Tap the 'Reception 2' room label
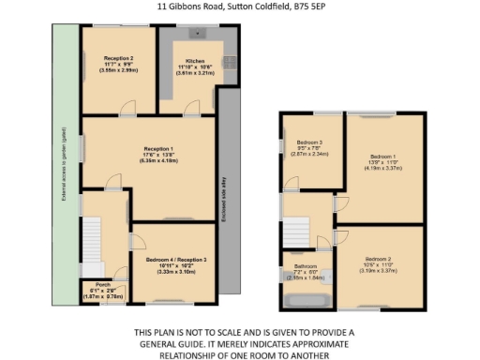(118, 57)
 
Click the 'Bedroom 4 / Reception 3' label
(176, 258)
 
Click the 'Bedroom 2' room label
(378, 258)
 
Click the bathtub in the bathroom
(307, 301)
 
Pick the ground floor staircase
(95, 241)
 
